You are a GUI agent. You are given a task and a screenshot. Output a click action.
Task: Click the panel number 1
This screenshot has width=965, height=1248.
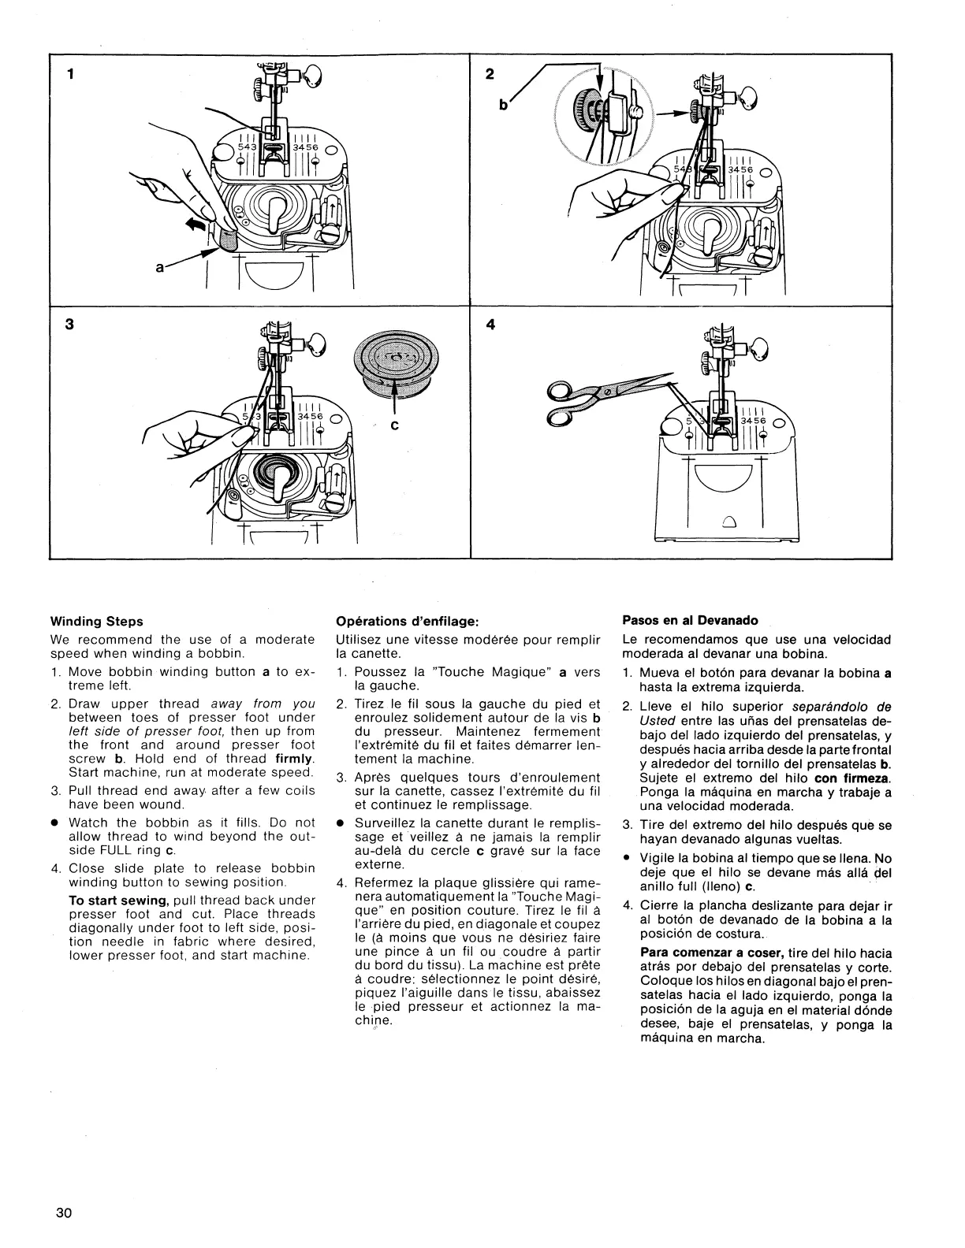tap(71, 75)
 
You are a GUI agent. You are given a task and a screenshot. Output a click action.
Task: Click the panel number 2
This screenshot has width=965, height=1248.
tap(490, 75)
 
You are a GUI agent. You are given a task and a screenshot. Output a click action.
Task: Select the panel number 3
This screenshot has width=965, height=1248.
tap(70, 324)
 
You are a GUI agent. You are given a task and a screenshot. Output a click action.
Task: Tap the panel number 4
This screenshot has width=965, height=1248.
tap(490, 324)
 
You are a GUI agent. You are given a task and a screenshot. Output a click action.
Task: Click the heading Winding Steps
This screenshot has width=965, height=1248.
tap(96, 622)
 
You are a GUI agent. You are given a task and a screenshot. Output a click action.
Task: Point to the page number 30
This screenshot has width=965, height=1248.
tap(64, 1213)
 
